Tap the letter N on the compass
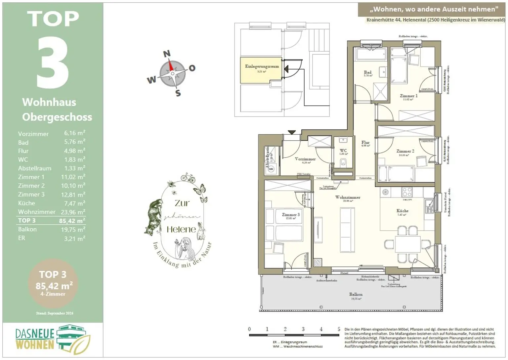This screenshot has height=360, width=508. pyautogui.click(x=167, y=53)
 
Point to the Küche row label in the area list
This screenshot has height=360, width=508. pyautogui.click(x=26, y=203)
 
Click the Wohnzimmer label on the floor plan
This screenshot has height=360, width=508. pyautogui.click(x=348, y=197)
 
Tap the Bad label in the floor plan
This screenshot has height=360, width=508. pyautogui.click(x=367, y=72)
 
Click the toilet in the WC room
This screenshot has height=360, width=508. pyautogui.click(x=343, y=162)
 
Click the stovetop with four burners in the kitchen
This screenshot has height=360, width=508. pyautogui.click(x=407, y=192)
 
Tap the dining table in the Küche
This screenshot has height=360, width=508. pyautogui.click(x=407, y=244)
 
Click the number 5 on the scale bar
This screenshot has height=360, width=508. pyautogui.click(x=339, y=329)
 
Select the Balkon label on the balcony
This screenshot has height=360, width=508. pyautogui.click(x=356, y=294)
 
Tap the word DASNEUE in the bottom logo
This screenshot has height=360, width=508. pyautogui.click(x=35, y=334)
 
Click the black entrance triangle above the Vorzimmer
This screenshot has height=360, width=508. pyautogui.click(x=291, y=132)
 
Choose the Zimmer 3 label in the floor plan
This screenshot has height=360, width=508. pyautogui.click(x=291, y=215)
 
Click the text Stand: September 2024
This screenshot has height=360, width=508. pyautogui.click(x=55, y=313)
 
